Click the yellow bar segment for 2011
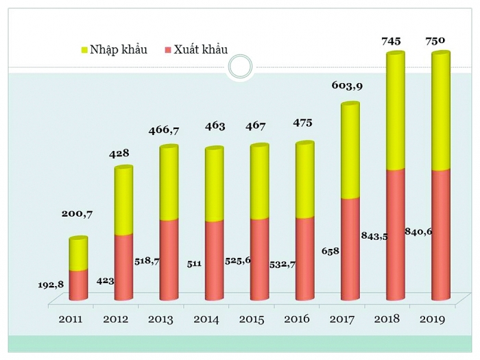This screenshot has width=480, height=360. pos(78,254)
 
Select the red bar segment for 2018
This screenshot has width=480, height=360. pos(395,233)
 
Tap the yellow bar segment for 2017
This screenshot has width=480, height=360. pos(350,151)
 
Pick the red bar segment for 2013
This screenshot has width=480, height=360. pos(169,259)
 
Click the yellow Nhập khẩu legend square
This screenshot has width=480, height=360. pos(84,49)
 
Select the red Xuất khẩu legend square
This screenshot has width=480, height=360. pos(168,49)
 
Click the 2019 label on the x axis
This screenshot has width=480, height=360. pos(432,319)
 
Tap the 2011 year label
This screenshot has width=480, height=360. pos(71,319)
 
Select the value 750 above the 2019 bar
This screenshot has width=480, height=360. pos(434,41)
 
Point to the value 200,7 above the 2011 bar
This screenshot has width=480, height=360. pos(77,214)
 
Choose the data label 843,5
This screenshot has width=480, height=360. pos(374,237)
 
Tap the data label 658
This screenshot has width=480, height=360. pos(330,252)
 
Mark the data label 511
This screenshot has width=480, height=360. pos(193,263)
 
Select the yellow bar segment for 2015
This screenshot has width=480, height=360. pos(259,182)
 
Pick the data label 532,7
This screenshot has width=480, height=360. pos(283,263)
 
